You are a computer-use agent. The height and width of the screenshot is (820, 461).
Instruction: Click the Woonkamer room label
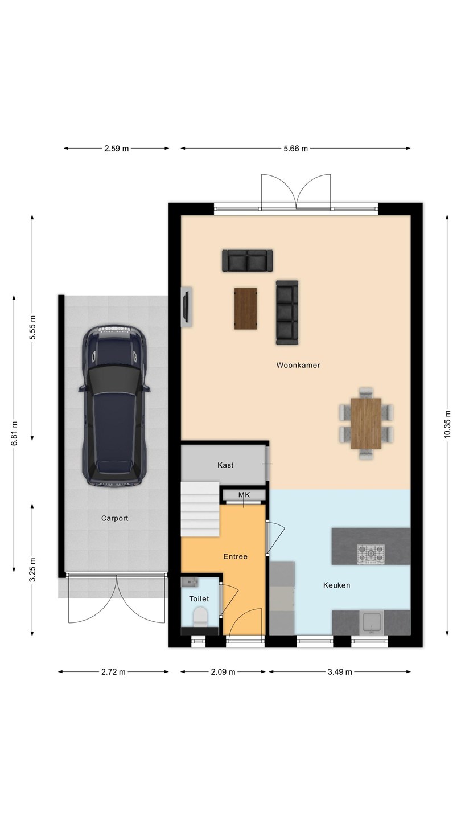298,365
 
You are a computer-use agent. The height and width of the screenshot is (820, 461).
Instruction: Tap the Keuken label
336,585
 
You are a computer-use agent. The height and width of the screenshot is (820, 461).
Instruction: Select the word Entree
235,556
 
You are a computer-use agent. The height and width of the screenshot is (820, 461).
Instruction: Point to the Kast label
225,465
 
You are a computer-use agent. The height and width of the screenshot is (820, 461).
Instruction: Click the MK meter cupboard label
244,495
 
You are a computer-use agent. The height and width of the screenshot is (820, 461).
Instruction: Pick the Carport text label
114,518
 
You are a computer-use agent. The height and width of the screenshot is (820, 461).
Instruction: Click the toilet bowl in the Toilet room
200,616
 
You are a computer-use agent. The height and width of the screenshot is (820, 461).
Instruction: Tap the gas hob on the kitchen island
371,553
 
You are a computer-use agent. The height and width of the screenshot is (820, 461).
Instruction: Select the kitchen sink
372,622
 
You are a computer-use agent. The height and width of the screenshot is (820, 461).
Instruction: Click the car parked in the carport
114,405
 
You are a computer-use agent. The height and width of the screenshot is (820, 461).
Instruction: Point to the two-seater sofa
248,261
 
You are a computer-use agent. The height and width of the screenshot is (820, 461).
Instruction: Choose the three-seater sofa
287,313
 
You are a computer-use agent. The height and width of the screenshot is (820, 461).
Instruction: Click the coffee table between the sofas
245,309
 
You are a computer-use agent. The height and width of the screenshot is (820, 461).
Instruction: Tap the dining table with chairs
366,423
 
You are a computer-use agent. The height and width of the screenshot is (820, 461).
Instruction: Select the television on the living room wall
186,306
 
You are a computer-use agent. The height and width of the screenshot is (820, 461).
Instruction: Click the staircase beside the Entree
200,509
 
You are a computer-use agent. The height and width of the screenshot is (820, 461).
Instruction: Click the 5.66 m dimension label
295,149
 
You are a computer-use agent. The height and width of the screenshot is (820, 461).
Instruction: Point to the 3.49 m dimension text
340,672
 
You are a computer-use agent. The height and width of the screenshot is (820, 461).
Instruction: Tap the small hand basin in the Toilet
190,582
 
